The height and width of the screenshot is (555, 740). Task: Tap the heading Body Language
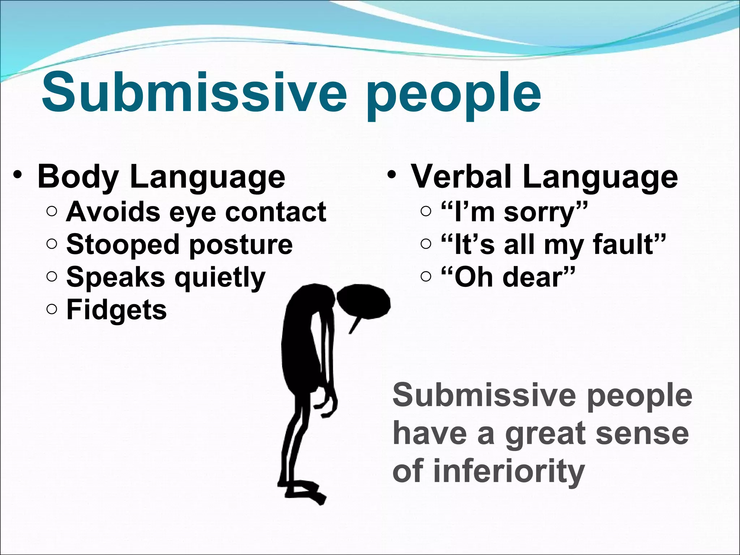point(161,177)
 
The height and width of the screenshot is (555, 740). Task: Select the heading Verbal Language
point(545,177)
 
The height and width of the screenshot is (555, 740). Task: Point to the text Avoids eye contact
point(196,212)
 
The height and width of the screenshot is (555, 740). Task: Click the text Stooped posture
point(179,245)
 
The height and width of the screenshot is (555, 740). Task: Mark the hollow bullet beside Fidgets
point(52,309)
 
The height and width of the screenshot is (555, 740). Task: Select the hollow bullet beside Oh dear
point(426,277)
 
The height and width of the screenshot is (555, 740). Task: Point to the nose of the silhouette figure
point(354,325)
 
